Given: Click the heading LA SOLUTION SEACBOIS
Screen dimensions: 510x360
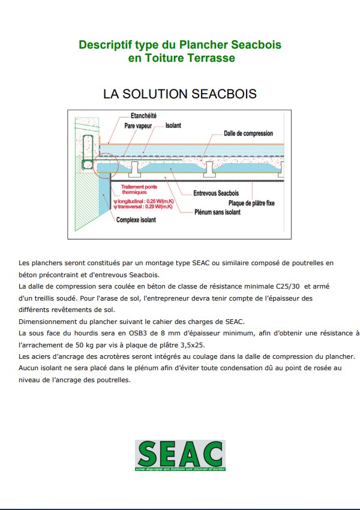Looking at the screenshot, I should (180, 94).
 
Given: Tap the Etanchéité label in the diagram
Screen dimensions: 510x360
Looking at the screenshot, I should (143, 115).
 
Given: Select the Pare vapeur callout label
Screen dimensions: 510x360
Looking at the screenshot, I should (138, 127).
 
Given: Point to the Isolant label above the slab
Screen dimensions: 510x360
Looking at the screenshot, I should (173, 126).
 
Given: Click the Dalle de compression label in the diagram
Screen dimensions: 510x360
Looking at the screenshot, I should (248, 134).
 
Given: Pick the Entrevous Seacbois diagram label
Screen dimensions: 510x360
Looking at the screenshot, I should (216, 193).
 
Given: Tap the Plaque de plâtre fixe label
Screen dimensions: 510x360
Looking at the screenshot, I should (251, 203).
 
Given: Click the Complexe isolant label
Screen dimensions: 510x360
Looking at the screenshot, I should (136, 220).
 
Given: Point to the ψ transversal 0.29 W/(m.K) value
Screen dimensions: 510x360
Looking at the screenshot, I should (143, 206).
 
